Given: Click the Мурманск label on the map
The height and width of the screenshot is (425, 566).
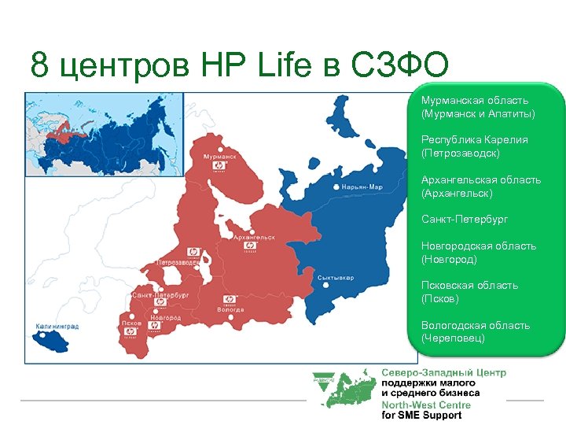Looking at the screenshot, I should (219, 157).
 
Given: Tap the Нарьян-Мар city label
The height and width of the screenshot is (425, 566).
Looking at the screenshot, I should (362, 187).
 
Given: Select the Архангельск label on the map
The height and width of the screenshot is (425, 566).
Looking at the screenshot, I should (254, 236).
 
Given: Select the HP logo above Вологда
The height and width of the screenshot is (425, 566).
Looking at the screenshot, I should (230, 299).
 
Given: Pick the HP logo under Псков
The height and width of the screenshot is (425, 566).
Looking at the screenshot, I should (130, 332).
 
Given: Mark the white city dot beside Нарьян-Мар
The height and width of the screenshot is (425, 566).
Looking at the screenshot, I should (337, 187).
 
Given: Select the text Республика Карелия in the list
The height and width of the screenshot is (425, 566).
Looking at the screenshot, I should (474, 140).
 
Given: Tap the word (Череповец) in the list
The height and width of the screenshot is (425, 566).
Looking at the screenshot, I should (453, 338).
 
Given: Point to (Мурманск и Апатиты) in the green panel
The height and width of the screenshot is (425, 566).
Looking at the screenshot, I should (477, 114).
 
